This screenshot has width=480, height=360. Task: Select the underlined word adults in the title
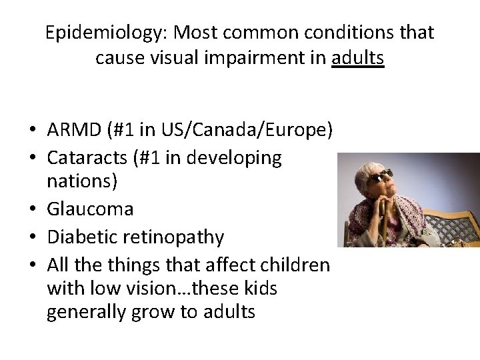pos(357,58)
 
